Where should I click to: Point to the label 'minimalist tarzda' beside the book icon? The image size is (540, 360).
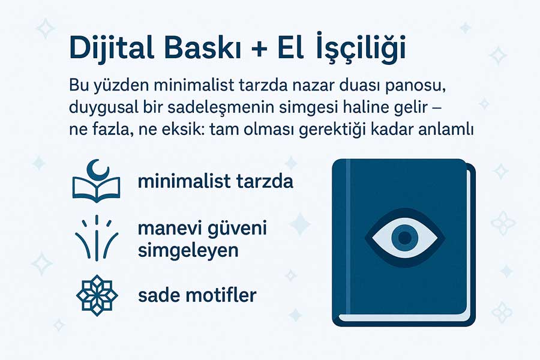[215, 181]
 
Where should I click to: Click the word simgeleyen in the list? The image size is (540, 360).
[188, 250]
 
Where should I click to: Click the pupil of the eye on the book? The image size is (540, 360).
[405, 238]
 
